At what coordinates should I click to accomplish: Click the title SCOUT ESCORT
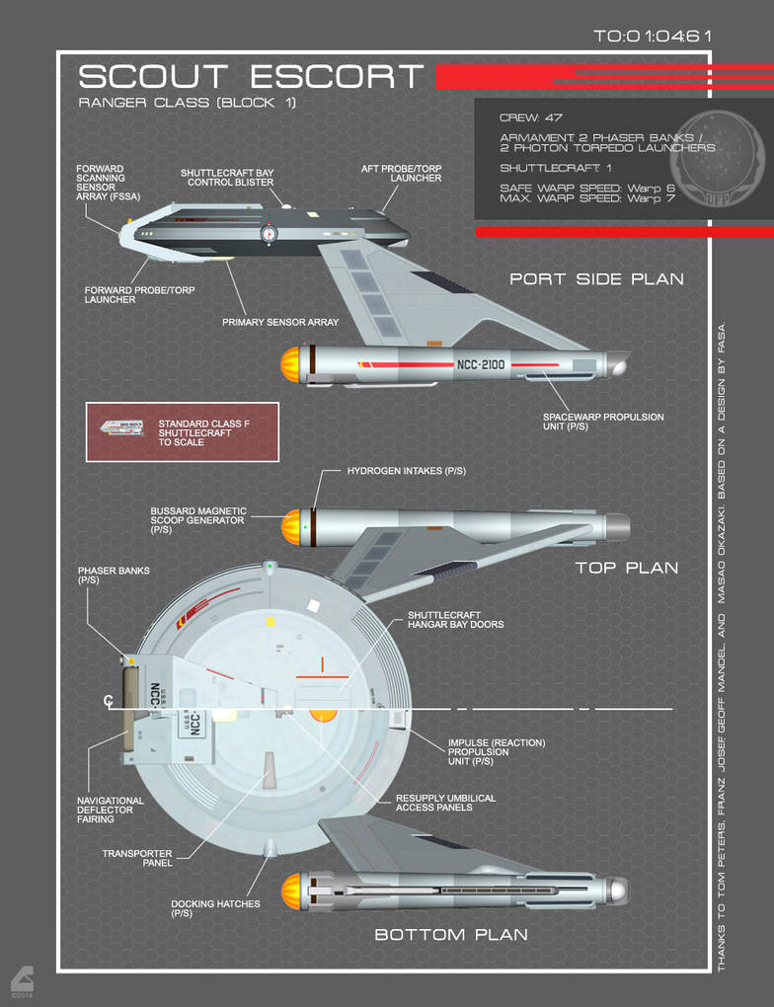coord(251,77)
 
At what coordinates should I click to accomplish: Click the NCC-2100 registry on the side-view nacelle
coord(481,364)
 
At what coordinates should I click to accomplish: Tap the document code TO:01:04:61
coord(653,37)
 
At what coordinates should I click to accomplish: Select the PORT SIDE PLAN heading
coord(596,279)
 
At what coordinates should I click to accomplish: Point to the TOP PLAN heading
coord(627,568)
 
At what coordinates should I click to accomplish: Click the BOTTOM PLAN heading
coord(450,934)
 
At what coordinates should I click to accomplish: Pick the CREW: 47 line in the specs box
coord(530,117)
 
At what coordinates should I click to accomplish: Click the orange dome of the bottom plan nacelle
coord(291,891)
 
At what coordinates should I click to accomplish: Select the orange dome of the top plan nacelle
coord(291,526)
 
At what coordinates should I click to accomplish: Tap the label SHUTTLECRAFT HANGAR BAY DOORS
coord(455,619)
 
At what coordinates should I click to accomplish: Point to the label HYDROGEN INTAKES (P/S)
coord(406,471)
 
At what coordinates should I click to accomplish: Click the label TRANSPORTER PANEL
coord(137,858)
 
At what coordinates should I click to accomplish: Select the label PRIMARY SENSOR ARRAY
coord(280,322)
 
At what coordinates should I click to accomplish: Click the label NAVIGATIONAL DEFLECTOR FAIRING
coord(111,810)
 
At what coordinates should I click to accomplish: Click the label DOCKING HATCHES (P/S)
coord(215,908)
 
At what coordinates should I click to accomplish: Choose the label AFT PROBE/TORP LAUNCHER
coord(401,173)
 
